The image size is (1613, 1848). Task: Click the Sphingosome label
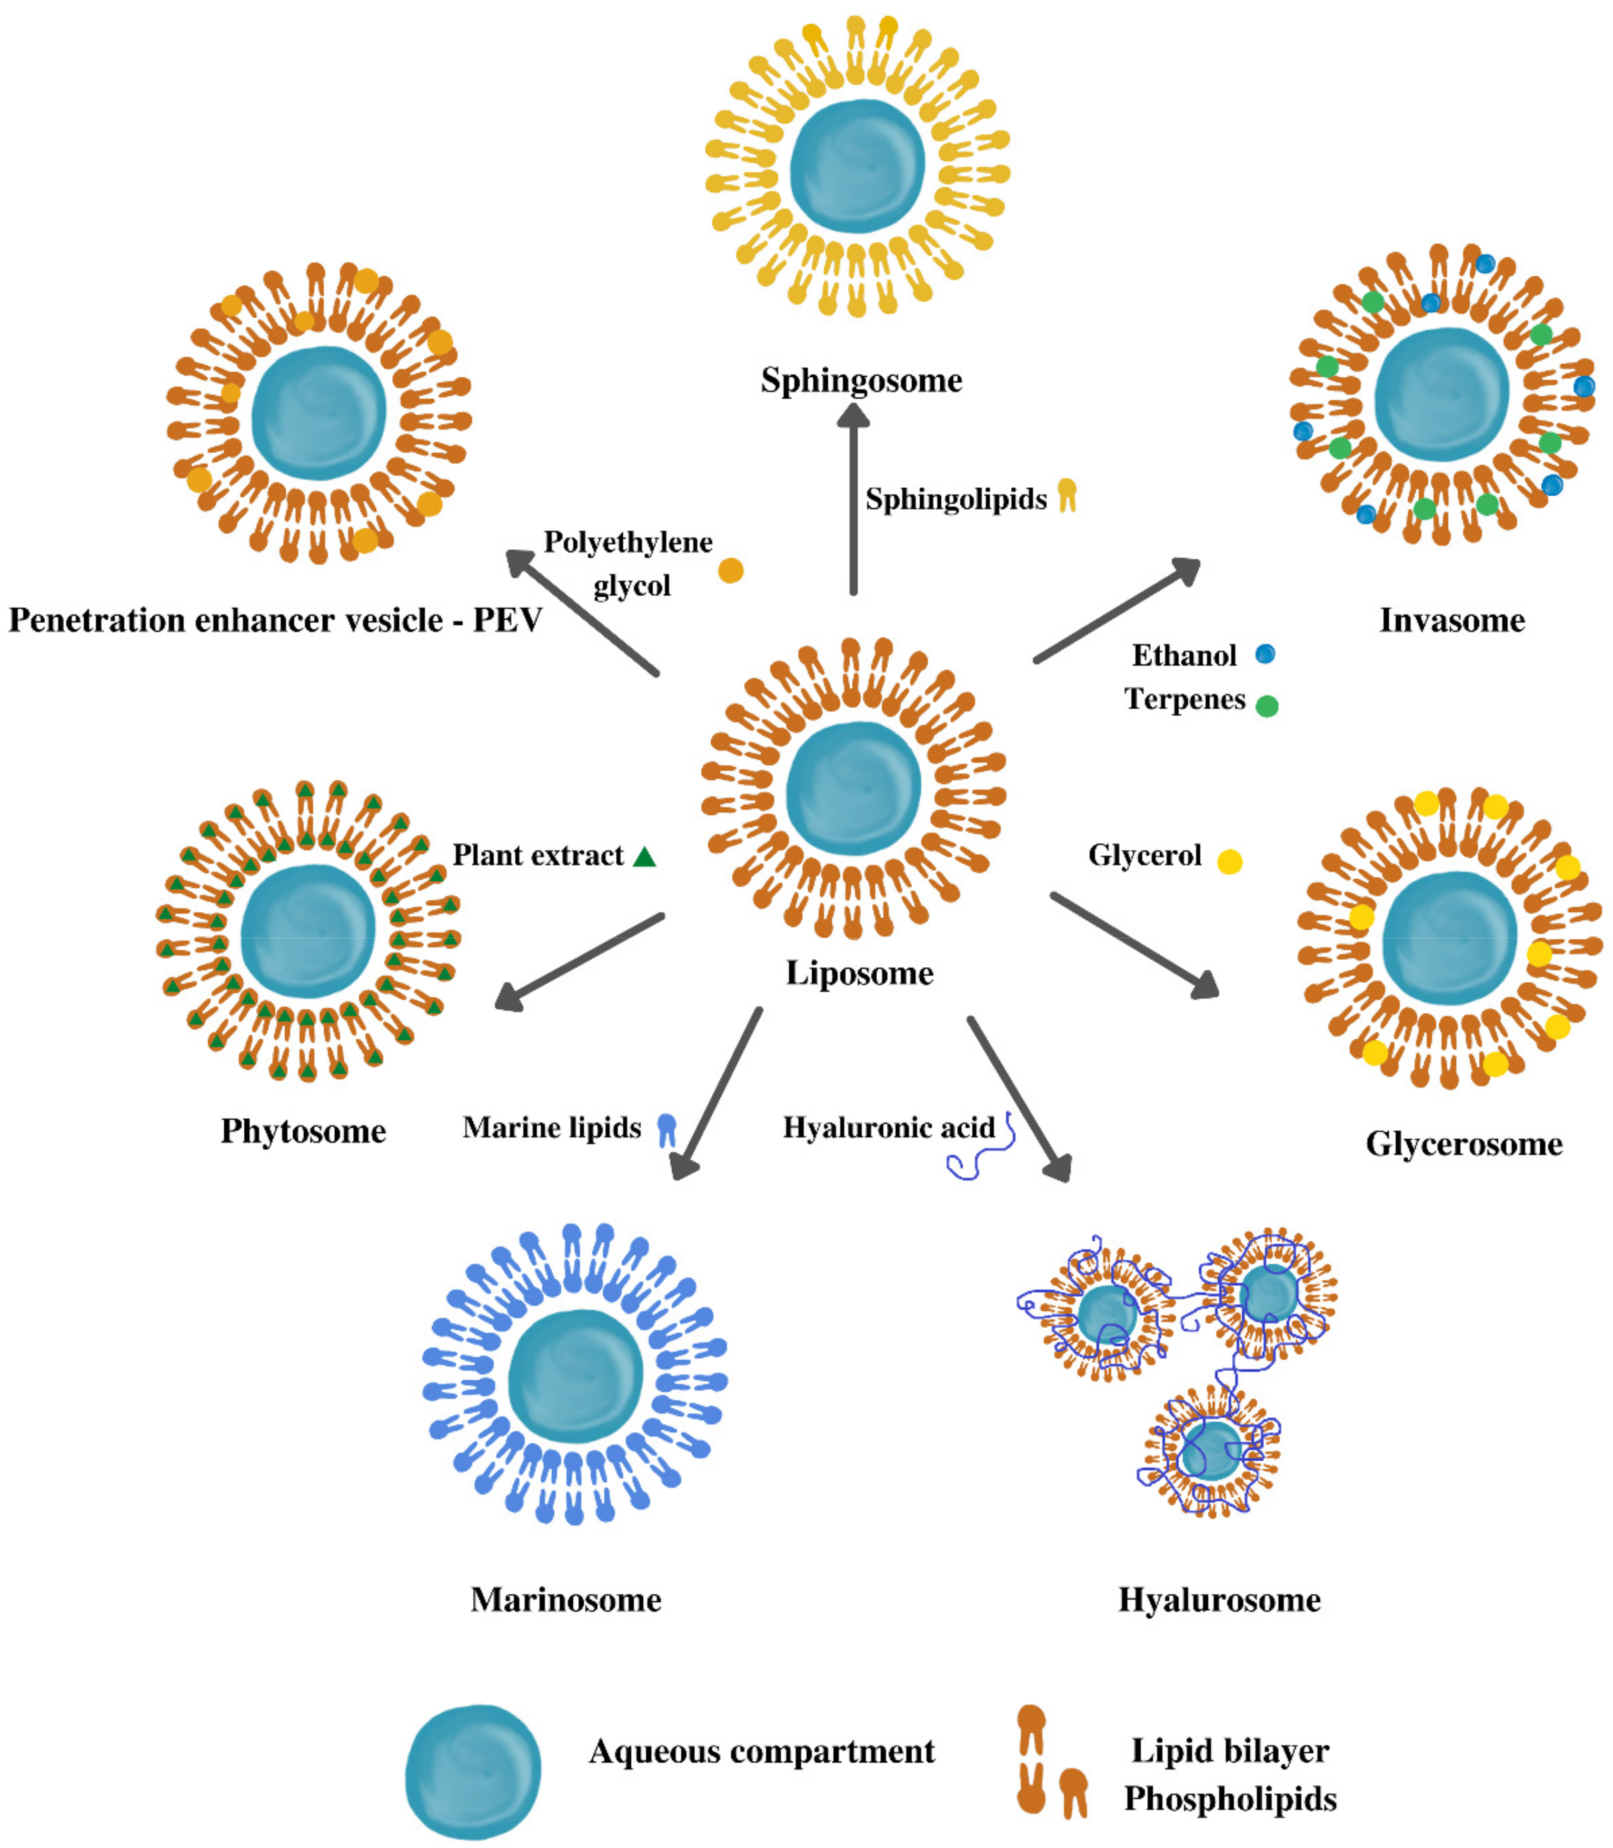tap(861, 380)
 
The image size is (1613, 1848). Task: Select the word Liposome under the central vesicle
tap(860, 973)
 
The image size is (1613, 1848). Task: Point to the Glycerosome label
tap(1463, 1144)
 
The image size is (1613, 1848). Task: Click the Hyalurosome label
tap(1220, 1600)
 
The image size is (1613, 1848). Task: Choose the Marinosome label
tap(566, 1600)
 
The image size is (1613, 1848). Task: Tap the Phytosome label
tap(303, 1131)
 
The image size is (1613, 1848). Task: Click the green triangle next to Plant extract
tap(644, 857)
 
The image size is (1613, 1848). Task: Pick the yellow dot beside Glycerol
tap(1230, 862)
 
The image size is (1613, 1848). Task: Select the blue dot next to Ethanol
tap(1264, 654)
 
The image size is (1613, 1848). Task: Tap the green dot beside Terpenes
tap(1267, 706)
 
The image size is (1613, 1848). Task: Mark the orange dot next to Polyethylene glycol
tap(731, 570)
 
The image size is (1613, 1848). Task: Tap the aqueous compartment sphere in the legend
tap(473, 1772)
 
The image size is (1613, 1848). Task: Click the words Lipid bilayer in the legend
tap(1230, 1750)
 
